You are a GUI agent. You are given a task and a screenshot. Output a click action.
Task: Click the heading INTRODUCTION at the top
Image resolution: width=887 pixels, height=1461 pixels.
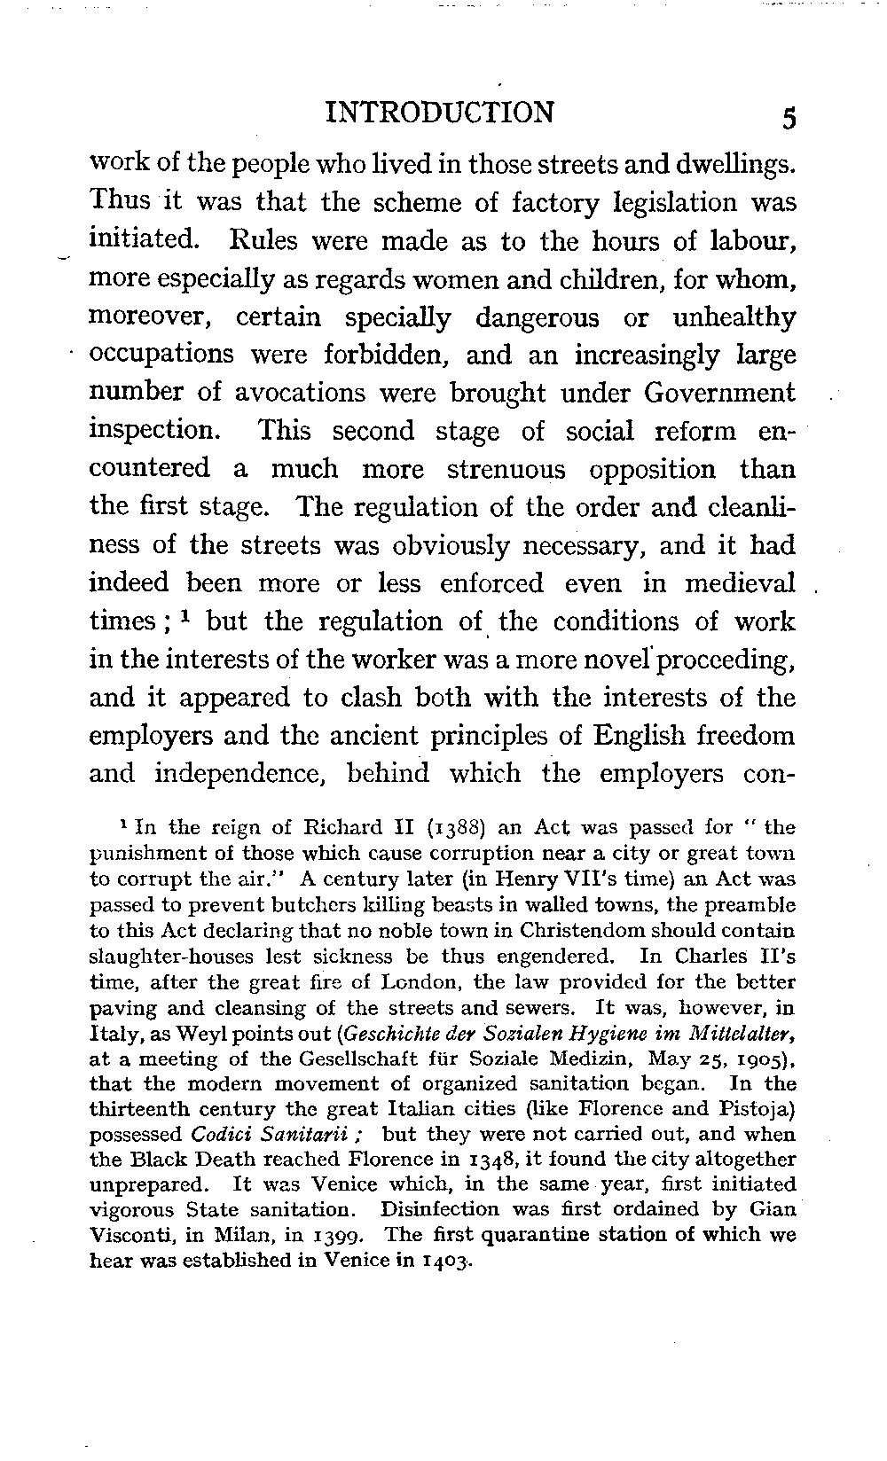(x=440, y=113)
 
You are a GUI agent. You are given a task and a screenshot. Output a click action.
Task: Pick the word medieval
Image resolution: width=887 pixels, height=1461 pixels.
(x=742, y=582)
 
